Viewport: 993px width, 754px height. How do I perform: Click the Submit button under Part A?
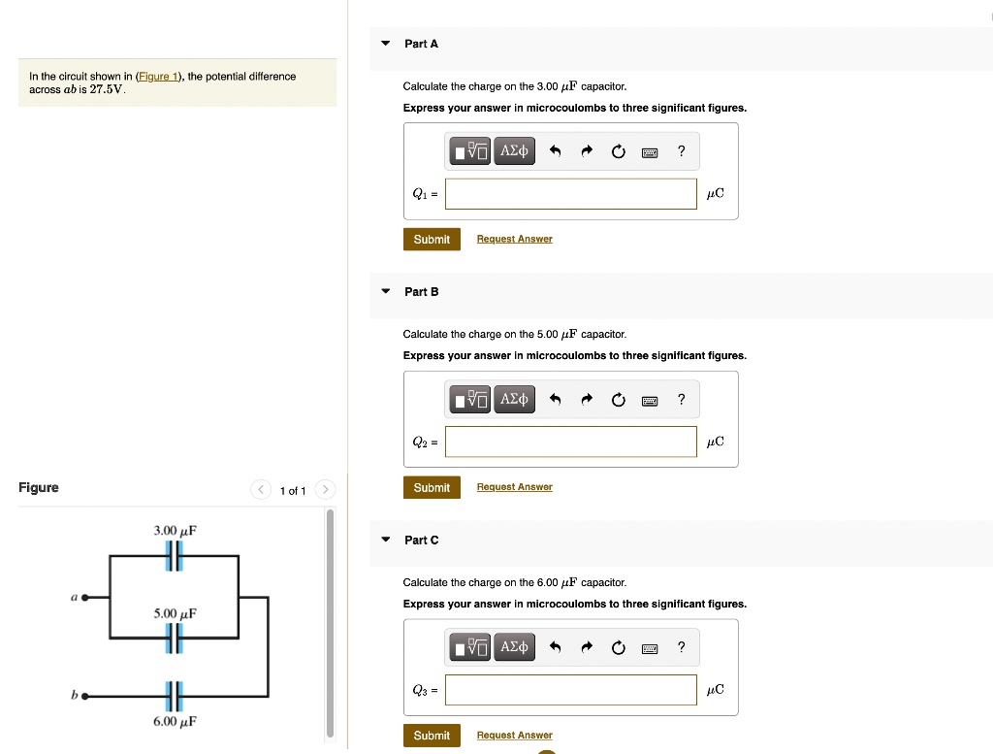(432, 240)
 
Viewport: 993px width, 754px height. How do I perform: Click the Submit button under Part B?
(432, 487)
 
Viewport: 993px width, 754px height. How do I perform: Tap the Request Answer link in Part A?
(514, 240)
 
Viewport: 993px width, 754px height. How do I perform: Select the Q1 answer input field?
(571, 194)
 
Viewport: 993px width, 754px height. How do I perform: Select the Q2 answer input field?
(571, 442)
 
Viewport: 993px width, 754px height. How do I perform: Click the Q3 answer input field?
(571, 690)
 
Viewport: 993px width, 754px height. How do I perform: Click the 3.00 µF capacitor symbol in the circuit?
(174, 556)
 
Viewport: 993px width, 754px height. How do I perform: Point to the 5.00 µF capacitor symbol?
(174, 638)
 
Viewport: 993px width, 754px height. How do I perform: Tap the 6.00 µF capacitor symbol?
(174, 696)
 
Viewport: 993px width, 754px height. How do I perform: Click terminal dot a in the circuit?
(85, 598)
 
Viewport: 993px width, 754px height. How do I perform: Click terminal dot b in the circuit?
(85, 696)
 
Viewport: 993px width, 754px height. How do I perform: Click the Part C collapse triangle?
(386, 540)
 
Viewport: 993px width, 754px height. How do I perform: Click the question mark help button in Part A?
(682, 150)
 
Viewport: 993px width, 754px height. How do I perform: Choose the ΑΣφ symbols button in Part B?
(514, 399)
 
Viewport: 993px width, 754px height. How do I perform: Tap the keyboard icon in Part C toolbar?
(650, 647)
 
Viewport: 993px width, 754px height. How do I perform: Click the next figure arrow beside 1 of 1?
(326, 490)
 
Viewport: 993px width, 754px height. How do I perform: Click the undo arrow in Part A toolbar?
(555, 150)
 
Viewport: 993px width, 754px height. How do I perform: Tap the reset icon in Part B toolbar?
(618, 399)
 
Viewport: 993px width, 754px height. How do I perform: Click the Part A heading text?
(421, 44)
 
